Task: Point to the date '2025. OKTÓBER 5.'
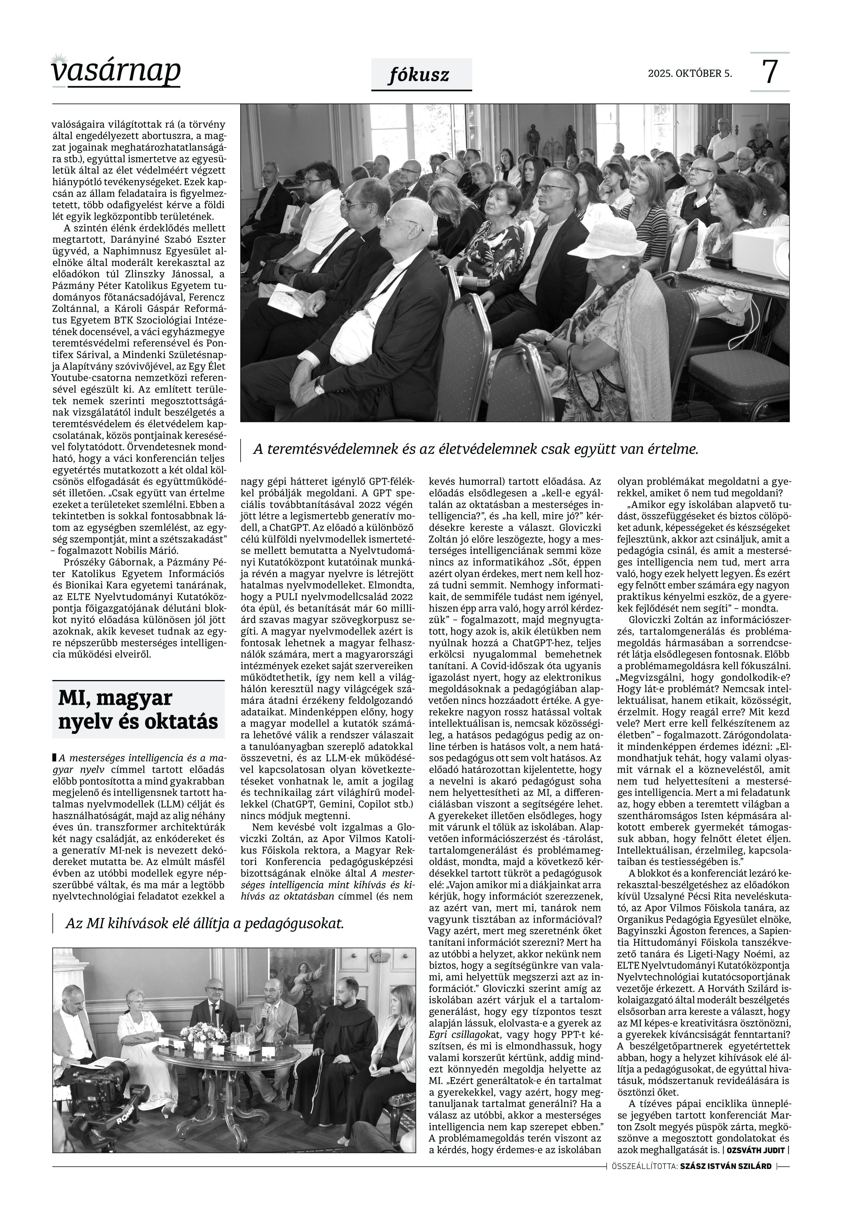[x=690, y=74]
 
